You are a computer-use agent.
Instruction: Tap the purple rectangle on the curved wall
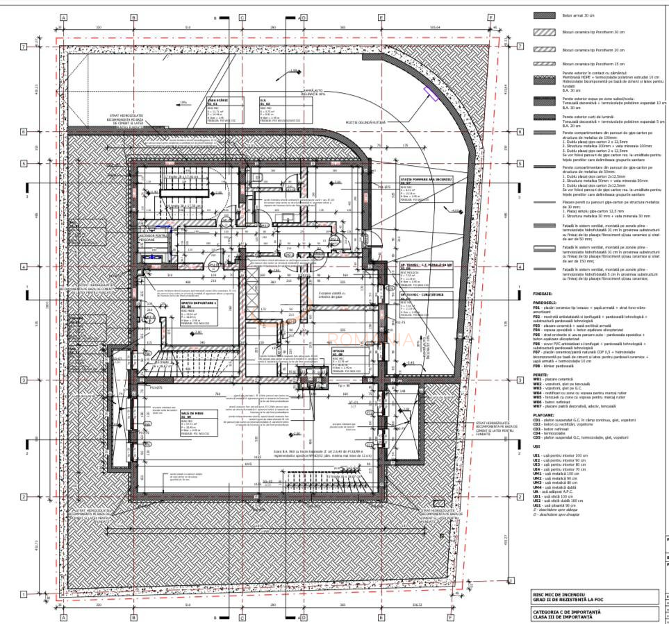431,93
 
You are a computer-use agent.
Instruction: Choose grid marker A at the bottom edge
63,617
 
